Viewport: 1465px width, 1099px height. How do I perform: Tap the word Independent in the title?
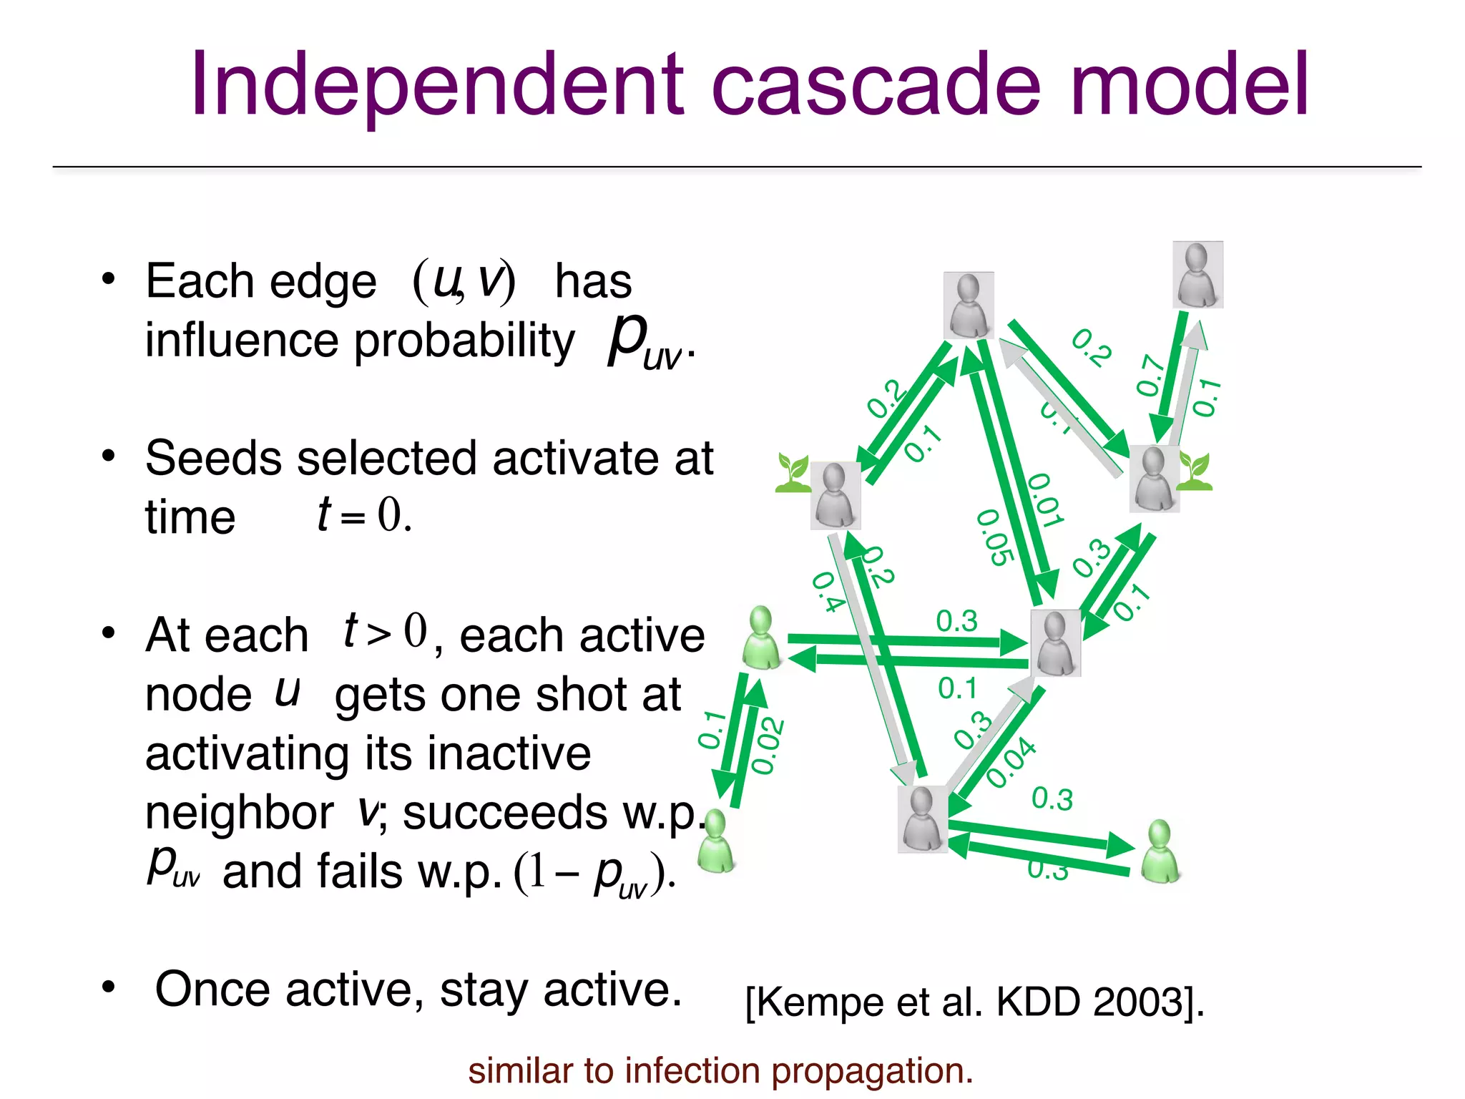[436, 86]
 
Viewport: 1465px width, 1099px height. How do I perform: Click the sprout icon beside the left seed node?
[793, 474]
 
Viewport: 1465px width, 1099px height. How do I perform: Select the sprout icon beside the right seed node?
[1195, 472]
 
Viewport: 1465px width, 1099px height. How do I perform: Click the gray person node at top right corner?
[1197, 275]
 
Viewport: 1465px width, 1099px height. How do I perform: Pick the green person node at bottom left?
[715, 843]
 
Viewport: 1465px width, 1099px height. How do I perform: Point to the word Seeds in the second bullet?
[215, 458]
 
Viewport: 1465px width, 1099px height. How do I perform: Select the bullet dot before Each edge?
[108, 278]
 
